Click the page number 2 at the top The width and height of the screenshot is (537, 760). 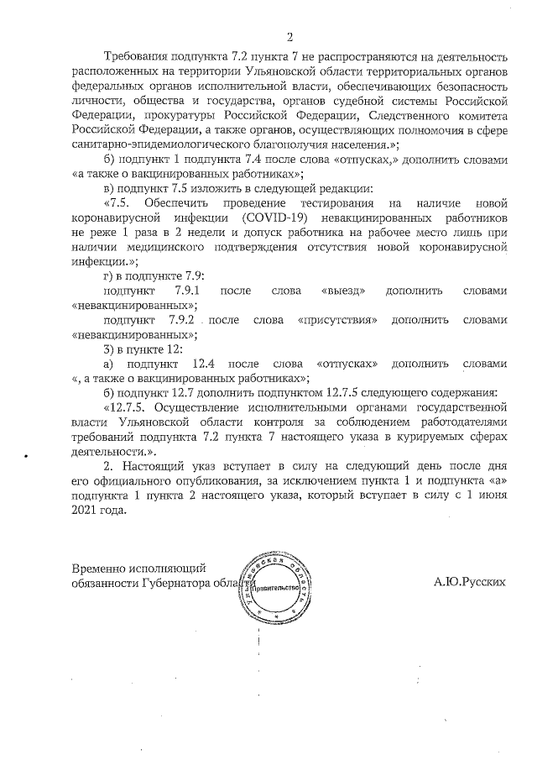point(289,35)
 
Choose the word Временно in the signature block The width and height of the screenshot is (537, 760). point(102,568)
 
